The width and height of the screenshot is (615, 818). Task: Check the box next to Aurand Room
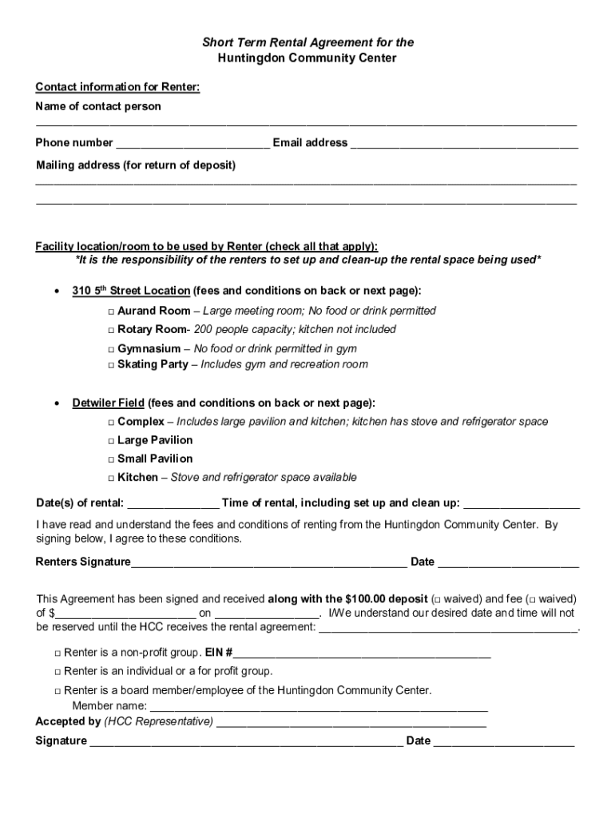[111, 312]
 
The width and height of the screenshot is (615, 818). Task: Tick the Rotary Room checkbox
[111, 330]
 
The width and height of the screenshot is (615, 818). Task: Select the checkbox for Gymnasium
[111, 350]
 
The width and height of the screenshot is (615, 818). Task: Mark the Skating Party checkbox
[111, 365]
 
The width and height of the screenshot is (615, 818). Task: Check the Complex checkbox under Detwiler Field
[111, 423]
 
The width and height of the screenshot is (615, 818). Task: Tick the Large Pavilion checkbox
[111, 441]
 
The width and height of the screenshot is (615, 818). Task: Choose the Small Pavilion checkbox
[111, 459]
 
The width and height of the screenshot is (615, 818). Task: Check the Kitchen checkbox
[111, 478]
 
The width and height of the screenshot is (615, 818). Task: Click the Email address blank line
[464, 145]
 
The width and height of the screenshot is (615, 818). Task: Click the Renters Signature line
[268, 563]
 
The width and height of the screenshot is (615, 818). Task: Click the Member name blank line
[319, 708]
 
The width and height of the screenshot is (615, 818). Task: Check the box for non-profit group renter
[58, 653]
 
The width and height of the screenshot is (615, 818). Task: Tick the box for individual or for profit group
[58, 672]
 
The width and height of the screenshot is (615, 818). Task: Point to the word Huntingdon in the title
[255, 59]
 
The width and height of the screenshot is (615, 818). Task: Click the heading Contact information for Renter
[117, 88]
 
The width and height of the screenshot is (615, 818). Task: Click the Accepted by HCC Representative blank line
[351, 723]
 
